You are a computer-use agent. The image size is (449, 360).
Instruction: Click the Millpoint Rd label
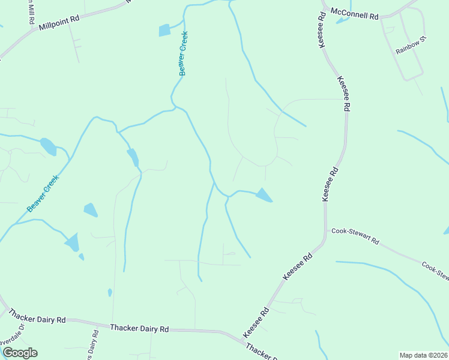pos(59,23)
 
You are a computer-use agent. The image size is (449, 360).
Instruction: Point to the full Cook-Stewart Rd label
pos(355,236)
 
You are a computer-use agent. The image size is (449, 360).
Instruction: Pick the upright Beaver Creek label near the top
pos(184,53)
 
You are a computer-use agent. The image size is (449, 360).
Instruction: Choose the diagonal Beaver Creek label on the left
pos(43,193)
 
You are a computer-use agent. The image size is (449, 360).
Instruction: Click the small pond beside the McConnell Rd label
pos(343,20)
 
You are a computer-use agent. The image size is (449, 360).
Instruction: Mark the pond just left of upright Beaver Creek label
pos(164,30)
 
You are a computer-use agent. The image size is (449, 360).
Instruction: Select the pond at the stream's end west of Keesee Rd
pos(264,195)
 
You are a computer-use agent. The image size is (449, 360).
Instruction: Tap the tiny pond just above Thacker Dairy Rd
pos(109,292)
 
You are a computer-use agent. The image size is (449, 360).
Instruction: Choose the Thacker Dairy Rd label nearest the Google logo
pos(37,316)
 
